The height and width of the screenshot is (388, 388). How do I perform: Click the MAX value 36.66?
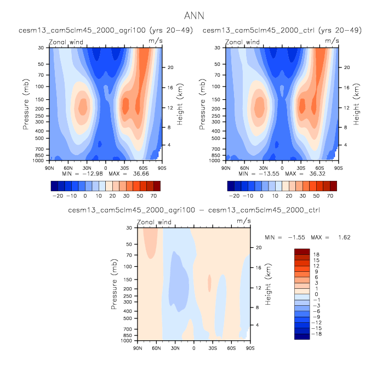coord(139,174)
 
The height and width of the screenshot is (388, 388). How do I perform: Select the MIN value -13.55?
coord(263,174)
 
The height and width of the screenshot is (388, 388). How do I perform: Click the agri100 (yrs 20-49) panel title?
coord(106,30)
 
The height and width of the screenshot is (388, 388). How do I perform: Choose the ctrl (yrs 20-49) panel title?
coord(282,30)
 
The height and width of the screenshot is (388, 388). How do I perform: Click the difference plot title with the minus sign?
coord(194,210)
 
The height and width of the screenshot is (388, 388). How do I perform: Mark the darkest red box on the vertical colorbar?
coord(302,251)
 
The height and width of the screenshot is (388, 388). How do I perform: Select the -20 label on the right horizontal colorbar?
coord(235,195)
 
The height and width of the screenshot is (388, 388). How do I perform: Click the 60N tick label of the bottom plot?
coord(156,347)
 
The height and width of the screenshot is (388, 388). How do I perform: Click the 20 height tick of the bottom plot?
coord(259,247)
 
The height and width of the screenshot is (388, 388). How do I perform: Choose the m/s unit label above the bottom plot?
coord(244,220)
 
